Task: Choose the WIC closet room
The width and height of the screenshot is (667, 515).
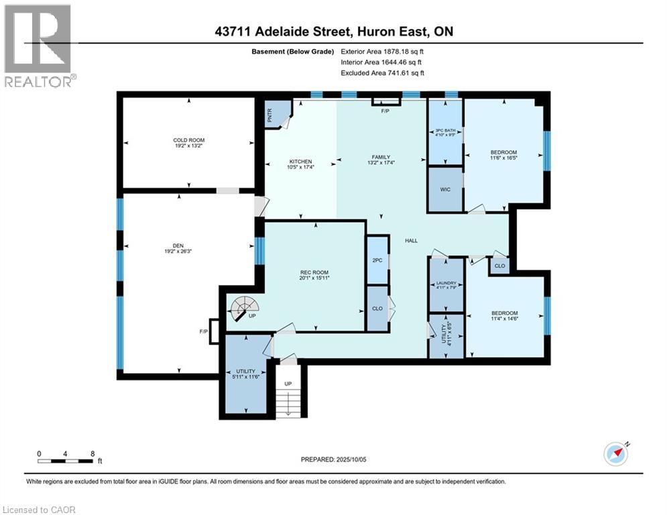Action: click(445, 190)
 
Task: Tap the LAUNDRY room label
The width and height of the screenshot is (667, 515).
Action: click(446, 284)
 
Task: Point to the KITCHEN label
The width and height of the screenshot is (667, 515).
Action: click(300, 162)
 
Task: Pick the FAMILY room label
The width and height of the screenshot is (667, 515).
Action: click(381, 157)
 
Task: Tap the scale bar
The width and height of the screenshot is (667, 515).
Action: click(66, 460)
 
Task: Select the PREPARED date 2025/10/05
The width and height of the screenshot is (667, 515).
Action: click(333, 459)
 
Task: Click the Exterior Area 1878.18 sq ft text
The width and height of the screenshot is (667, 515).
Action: click(382, 51)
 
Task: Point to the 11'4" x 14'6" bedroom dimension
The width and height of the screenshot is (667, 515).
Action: click(504, 320)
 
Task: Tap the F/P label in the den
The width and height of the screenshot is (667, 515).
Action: click(203, 331)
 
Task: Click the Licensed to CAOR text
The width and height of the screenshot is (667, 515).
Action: click(40, 510)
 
